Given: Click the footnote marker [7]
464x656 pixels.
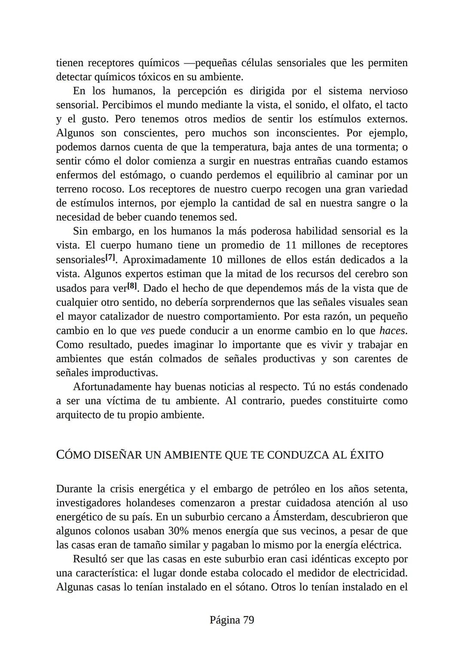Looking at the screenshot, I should point(110,258).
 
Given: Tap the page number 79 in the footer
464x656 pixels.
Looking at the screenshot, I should point(248,620).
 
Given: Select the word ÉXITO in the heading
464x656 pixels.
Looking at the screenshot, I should point(367,455).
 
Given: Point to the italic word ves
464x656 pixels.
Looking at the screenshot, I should point(147,331).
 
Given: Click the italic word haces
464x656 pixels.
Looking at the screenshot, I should point(393,331).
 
